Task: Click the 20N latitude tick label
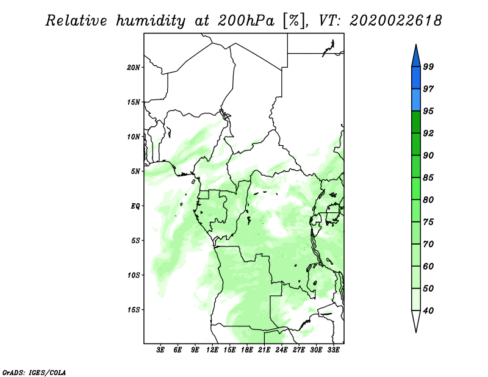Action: pos(134,67)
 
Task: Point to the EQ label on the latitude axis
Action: pos(135,206)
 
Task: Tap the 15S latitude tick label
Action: pos(134,310)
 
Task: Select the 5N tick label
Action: pos(135,171)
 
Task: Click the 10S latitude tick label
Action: pos(134,275)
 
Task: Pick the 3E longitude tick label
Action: pos(161,350)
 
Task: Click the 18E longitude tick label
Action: pos(247,350)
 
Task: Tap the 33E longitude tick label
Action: pos(333,350)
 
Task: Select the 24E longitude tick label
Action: pos(281,350)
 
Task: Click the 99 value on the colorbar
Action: pos(428,67)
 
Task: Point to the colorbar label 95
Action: pos(428,112)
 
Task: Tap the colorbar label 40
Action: pos(428,311)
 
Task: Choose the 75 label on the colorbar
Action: pos(428,223)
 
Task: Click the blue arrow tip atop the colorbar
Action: pos(415,52)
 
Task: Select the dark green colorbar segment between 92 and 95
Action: pos(415,122)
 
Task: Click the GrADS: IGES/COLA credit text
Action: pos(34,372)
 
